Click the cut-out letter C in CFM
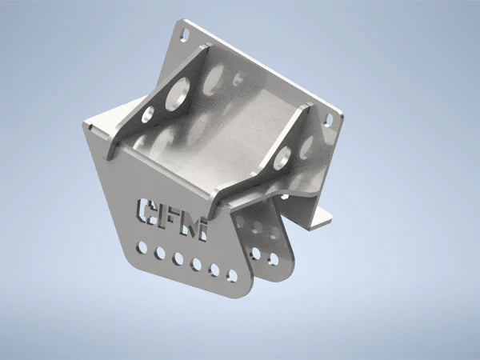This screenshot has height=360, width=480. (146, 211)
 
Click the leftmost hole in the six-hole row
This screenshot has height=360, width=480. (142, 247)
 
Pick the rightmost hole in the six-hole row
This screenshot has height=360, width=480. (233, 275)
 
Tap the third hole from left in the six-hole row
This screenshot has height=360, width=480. (178, 258)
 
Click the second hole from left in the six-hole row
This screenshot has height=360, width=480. (160, 253)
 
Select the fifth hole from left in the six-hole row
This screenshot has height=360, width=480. (214, 270)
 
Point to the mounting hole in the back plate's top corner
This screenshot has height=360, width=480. (185, 34)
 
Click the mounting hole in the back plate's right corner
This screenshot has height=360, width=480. (328, 120)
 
